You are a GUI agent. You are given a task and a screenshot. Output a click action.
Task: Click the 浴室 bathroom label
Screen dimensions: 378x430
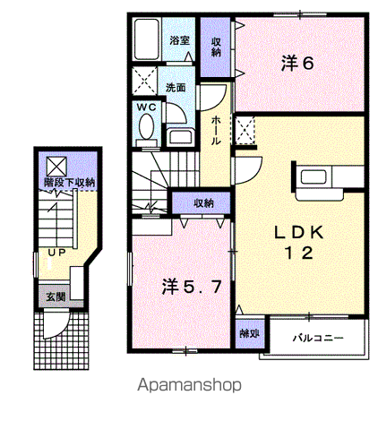(180, 40)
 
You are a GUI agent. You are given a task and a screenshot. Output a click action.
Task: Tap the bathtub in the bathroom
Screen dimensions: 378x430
(146, 39)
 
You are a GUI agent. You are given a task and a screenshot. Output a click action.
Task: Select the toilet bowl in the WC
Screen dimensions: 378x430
(146, 127)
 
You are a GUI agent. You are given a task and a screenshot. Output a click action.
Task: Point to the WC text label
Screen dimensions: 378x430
(146, 107)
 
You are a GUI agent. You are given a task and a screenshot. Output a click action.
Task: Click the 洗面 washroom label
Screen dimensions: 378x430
(176, 87)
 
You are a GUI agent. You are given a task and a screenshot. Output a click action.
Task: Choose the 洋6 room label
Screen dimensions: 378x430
(297, 64)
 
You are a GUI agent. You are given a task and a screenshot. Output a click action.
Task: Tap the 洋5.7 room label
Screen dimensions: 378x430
(192, 287)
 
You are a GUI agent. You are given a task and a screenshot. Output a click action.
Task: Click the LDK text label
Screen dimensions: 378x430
(299, 232)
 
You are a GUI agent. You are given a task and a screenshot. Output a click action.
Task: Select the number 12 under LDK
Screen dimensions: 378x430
(299, 254)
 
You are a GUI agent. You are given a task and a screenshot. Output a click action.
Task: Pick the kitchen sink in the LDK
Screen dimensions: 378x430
(314, 176)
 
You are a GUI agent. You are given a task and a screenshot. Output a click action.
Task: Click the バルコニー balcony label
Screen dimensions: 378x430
(318, 338)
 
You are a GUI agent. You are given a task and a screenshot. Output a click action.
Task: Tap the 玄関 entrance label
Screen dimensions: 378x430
(56, 297)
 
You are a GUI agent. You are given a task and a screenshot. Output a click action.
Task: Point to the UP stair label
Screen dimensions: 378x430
(56, 253)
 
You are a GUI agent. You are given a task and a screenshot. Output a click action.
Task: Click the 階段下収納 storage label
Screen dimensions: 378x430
(69, 182)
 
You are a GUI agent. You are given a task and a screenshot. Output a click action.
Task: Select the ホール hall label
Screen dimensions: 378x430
(216, 130)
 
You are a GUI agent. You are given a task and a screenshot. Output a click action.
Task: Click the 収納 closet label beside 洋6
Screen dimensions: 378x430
(216, 47)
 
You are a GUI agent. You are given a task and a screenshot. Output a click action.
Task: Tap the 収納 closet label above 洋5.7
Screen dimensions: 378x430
(204, 203)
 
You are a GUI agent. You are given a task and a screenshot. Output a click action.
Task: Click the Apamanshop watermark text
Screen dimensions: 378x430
(189, 385)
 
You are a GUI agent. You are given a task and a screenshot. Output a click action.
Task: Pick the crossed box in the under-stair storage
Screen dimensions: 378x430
(56, 167)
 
